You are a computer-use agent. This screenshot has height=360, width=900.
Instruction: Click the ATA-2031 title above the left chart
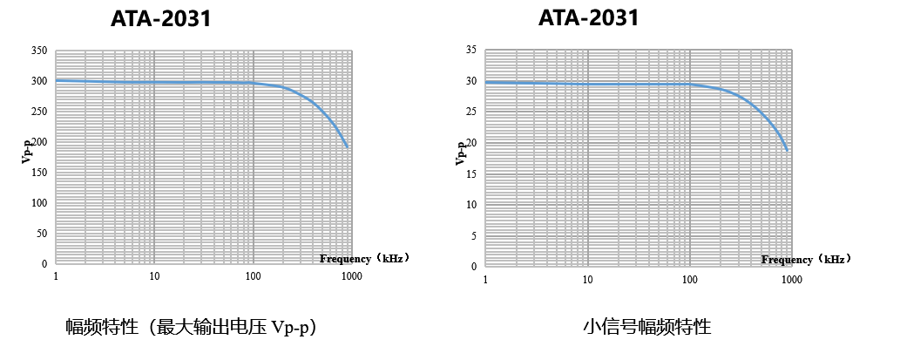click(161, 18)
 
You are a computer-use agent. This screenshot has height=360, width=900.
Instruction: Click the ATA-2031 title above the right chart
click(588, 17)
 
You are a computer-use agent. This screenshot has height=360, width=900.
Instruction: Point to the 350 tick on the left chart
click(39, 51)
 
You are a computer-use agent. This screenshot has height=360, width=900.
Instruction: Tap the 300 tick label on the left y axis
click(39, 81)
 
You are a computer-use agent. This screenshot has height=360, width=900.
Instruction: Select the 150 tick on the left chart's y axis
click(39, 173)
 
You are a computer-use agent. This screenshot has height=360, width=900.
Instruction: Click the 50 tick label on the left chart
click(42, 234)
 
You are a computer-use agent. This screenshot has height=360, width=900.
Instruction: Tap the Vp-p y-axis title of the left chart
click(27, 151)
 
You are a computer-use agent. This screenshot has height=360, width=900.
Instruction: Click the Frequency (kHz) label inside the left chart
click(364, 258)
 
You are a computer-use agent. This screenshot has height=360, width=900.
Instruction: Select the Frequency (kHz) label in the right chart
click(806, 259)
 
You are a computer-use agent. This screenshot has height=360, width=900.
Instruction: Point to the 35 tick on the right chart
click(470, 51)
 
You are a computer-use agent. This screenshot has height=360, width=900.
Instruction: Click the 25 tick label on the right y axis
click(470, 112)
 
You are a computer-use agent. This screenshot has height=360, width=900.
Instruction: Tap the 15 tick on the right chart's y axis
click(470, 173)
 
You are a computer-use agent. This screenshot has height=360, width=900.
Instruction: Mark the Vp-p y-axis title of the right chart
click(460, 153)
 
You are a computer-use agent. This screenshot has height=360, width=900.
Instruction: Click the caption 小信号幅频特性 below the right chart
click(647, 328)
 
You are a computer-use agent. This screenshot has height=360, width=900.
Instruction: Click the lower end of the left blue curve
click(348, 147)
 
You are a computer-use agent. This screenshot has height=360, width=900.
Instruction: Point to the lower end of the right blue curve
click(788, 151)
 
